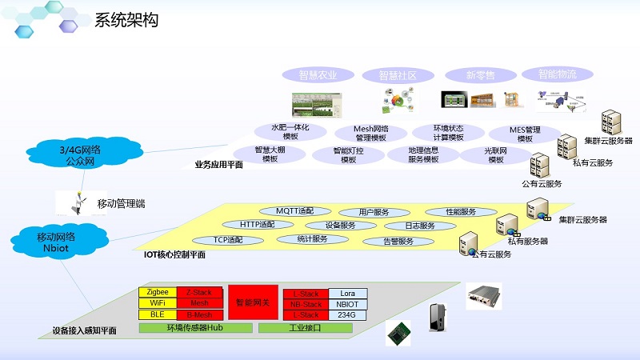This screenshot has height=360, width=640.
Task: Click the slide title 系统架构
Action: coord(126,20)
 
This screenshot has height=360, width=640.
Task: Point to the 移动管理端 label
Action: coord(121,204)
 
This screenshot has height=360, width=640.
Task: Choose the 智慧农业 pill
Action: coord(318,75)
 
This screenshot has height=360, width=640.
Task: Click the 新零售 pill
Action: coord(480,75)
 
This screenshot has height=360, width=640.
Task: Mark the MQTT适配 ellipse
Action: coord(296,211)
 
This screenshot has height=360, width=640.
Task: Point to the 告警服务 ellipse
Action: coord(398,241)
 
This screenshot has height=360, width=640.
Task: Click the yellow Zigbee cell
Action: coord(158,293)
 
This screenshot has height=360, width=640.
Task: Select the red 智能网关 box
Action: coord(253,302)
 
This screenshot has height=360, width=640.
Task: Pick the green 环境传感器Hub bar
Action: coord(194,328)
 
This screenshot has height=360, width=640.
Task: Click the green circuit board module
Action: coord(398,330)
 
